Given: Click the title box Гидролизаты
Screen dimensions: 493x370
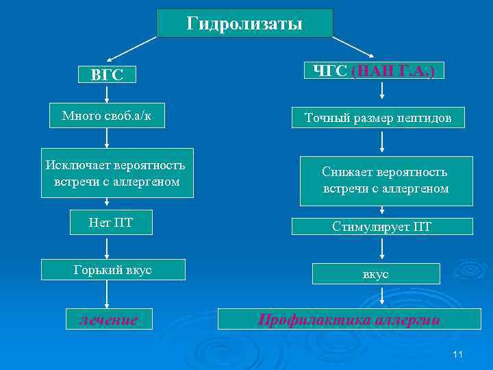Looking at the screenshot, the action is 244,23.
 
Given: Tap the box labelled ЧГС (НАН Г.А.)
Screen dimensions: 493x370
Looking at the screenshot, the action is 375,71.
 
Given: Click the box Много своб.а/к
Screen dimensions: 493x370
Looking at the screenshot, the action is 108,116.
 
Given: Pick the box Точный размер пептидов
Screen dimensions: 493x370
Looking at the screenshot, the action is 378,118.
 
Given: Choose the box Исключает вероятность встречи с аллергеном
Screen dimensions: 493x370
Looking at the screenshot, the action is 116,173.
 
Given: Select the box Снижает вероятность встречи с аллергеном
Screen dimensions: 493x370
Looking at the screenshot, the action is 385,180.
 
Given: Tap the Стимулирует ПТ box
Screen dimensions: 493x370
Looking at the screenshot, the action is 381,226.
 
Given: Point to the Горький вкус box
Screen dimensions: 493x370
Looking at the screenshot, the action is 113,270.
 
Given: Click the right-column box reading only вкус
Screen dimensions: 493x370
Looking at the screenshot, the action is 375,273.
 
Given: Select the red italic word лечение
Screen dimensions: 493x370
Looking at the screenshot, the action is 108,319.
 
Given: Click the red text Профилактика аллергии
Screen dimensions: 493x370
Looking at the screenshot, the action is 348,319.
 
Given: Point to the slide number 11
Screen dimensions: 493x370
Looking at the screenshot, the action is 458,354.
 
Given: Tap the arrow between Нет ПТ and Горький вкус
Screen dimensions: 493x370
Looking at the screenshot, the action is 108,246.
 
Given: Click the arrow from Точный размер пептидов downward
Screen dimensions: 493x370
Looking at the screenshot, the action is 381,143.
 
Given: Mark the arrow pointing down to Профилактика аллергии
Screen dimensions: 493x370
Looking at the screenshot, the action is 381,297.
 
